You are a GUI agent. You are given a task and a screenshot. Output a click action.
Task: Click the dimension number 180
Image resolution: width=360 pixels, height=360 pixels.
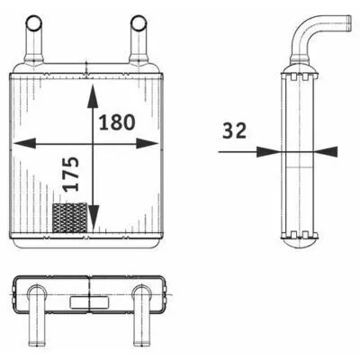click(117, 122)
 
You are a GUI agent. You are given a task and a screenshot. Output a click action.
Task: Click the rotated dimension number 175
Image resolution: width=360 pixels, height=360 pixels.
click(71, 174)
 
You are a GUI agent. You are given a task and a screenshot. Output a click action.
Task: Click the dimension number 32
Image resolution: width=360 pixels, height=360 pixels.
click(234, 130)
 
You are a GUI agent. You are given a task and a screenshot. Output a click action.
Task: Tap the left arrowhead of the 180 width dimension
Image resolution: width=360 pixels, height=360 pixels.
click(24, 143)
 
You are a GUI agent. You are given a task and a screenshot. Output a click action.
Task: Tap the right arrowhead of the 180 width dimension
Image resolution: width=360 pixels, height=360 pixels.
click(147, 143)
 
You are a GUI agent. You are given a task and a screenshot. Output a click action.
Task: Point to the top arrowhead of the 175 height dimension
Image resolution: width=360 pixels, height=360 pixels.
click(93, 96)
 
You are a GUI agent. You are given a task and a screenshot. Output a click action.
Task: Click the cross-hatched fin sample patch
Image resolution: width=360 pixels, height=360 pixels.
click(70, 218)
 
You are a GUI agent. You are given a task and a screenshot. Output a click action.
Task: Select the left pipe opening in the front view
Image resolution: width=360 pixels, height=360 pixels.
click(34, 22)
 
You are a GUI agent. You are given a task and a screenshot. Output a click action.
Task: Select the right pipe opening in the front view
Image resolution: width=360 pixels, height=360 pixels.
click(139, 23)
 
